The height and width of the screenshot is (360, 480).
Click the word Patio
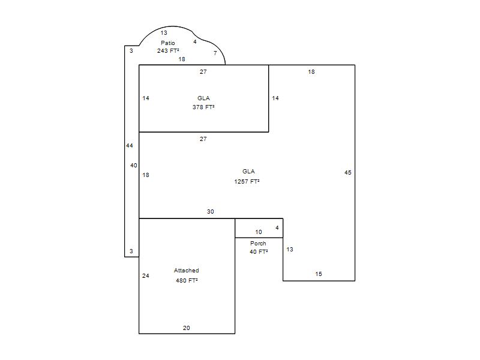tap(168, 43)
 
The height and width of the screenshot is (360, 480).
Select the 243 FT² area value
tap(168, 51)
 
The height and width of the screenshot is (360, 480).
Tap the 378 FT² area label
tap(203, 107)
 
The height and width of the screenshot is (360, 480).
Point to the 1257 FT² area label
tap(247, 182)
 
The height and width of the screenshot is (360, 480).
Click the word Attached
tap(187, 271)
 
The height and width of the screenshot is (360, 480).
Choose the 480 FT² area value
tap(187, 280)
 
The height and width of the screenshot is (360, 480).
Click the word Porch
tap(258, 244)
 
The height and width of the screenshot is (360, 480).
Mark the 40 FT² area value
tap(259, 251)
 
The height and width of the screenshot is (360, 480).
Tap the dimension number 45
tap(348, 173)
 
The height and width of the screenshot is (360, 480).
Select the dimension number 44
tap(130, 146)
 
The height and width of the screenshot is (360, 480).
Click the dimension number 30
tap(211, 212)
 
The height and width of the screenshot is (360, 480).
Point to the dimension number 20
tap(187, 328)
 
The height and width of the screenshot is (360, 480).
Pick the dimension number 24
tap(146, 276)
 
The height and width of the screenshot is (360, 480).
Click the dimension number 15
tap(319, 274)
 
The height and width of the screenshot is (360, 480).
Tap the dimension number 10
tap(259, 232)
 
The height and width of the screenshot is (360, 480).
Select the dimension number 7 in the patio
tap(215, 53)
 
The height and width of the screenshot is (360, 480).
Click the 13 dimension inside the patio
tap(164, 33)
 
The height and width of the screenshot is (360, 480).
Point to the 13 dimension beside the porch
tap(290, 250)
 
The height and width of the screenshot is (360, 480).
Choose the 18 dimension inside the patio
tap(182, 59)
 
